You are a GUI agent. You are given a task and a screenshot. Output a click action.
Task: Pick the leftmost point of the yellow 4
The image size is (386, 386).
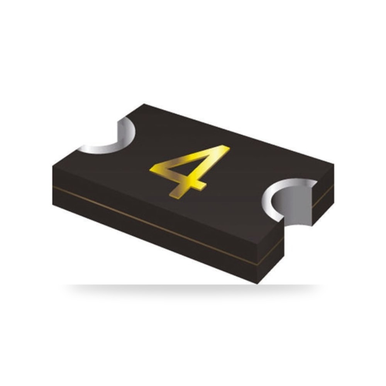[x=150, y=170]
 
